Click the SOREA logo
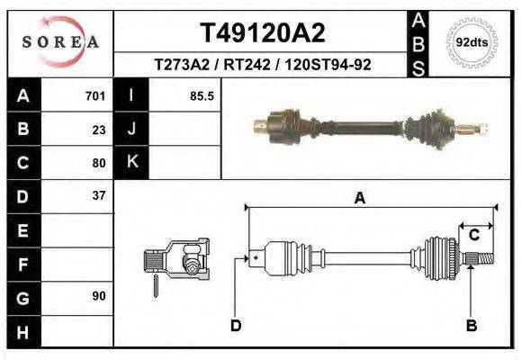point(60,42)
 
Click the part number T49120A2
point(262,33)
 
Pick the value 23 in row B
point(99,130)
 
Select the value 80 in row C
point(99,163)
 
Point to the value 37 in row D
point(99,195)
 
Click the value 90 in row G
point(99,296)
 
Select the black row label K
point(132,162)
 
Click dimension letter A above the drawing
point(360,199)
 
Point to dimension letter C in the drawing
point(473,236)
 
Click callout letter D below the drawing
point(236,325)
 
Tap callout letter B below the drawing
point(471,325)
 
